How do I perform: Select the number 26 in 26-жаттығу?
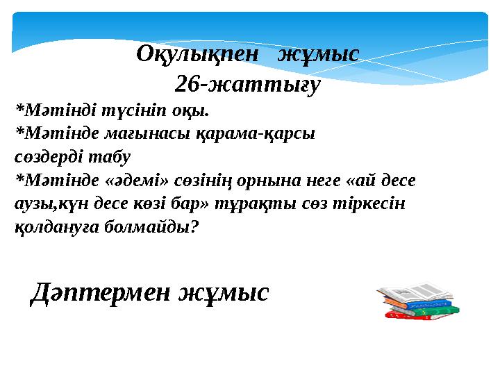185,84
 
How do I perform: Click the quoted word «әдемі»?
135,181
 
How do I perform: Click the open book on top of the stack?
415,292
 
